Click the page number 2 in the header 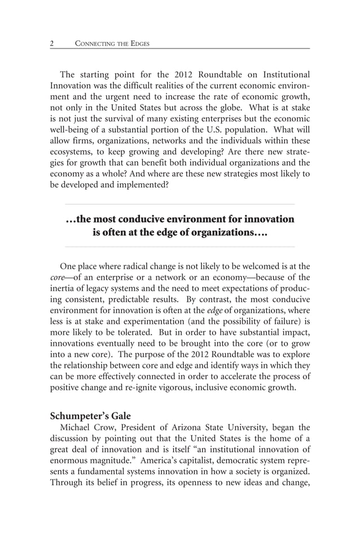(x=52, y=43)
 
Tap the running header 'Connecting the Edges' (x=112, y=43)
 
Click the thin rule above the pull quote (x=180, y=204)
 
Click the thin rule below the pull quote (x=180, y=247)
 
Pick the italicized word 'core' (x=58, y=278)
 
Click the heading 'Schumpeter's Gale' (x=90, y=416)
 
